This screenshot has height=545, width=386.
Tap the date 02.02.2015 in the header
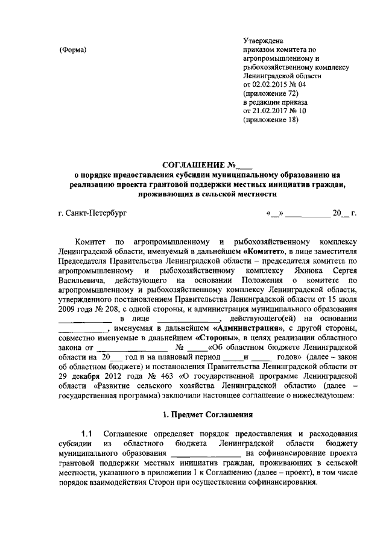[271, 86]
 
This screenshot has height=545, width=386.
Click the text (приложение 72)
[270, 95]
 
